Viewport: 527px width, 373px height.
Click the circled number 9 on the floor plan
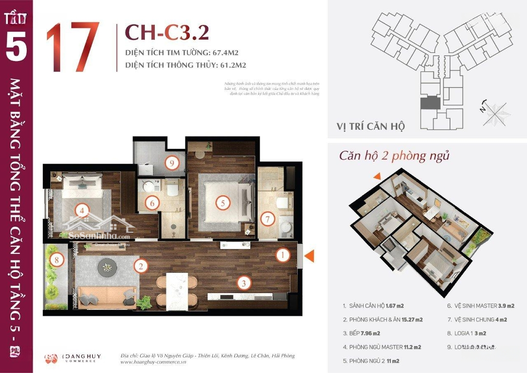click(171, 164)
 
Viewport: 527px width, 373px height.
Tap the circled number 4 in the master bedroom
click(82, 210)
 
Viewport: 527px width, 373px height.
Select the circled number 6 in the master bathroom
click(152, 203)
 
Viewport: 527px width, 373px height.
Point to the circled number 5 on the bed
click(222, 203)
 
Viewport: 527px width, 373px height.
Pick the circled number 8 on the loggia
click(57, 260)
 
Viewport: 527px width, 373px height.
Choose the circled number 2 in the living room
click(141, 266)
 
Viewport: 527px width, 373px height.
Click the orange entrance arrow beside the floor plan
click(311, 255)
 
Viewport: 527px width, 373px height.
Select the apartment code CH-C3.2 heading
click(167, 32)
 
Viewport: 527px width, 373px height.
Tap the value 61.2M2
click(229, 64)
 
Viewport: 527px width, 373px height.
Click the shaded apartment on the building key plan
click(430, 103)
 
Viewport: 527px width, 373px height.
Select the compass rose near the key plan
click(493, 110)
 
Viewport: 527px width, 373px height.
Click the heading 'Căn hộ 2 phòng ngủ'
click(394, 156)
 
